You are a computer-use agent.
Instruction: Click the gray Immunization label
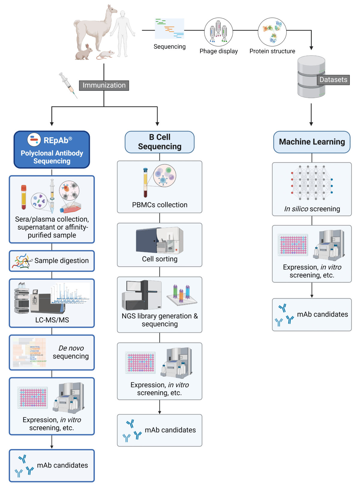[x=104, y=85]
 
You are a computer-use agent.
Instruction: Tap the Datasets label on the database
[x=333, y=80]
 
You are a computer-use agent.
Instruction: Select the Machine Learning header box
[x=312, y=142]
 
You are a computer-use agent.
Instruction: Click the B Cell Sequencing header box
[x=160, y=142]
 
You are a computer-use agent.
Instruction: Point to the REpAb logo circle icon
[x=34, y=140]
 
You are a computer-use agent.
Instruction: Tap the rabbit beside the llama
[x=84, y=52]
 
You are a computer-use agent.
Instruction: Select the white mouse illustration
[x=106, y=55]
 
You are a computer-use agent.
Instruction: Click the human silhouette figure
[x=122, y=33]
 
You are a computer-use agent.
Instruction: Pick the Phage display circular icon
[x=218, y=32]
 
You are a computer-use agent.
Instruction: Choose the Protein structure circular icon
[x=272, y=32]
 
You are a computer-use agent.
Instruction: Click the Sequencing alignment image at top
[x=169, y=29]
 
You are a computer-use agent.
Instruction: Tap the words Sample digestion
[x=61, y=261]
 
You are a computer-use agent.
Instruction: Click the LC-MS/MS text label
[x=52, y=320]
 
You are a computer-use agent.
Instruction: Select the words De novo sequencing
[x=71, y=352]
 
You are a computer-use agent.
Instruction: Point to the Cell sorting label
[x=160, y=259]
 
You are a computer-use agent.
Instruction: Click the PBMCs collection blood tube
[x=145, y=182]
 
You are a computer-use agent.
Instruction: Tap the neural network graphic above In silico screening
[x=312, y=182]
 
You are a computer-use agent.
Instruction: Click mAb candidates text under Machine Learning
[x=322, y=314]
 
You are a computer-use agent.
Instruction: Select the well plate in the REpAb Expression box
[x=33, y=397]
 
